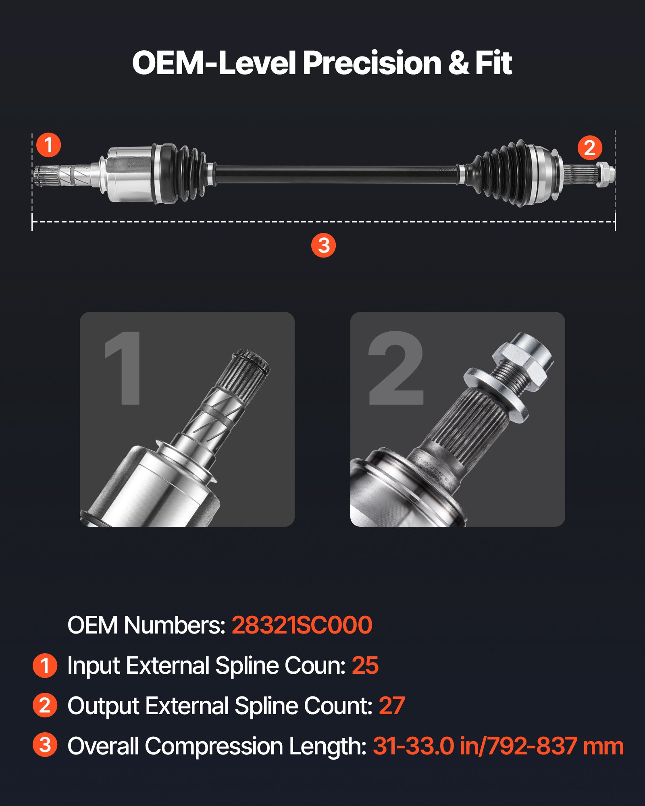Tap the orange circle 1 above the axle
tap(48, 145)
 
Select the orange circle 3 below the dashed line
tap(323, 245)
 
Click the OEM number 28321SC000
tap(302, 625)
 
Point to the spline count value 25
tap(365, 665)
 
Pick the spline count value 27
tap(391, 706)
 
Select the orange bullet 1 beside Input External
tap(45, 665)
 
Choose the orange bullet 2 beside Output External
tap(45, 705)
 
